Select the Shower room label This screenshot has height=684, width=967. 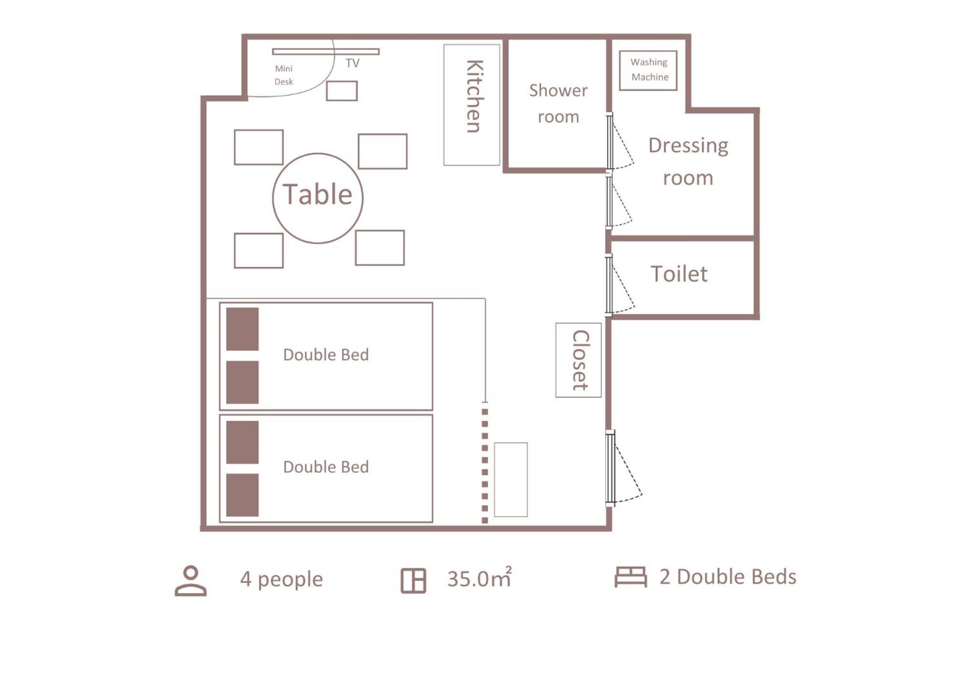[558, 104]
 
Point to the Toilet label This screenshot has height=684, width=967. [679, 274]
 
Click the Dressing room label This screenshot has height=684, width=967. [688, 162]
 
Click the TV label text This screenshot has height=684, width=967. [352, 63]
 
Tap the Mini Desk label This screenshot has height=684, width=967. [284, 75]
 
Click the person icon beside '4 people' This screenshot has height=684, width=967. [191, 580]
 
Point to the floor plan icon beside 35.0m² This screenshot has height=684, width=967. [413, 580]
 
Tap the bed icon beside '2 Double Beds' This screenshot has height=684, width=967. [630, 577]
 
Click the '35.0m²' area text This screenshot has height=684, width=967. [479, 578]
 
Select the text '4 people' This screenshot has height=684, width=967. [282, 580]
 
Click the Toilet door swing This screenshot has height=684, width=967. [620, 285]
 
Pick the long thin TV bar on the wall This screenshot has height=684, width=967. [326, 51]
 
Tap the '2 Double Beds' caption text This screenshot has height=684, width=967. [728, 577]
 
